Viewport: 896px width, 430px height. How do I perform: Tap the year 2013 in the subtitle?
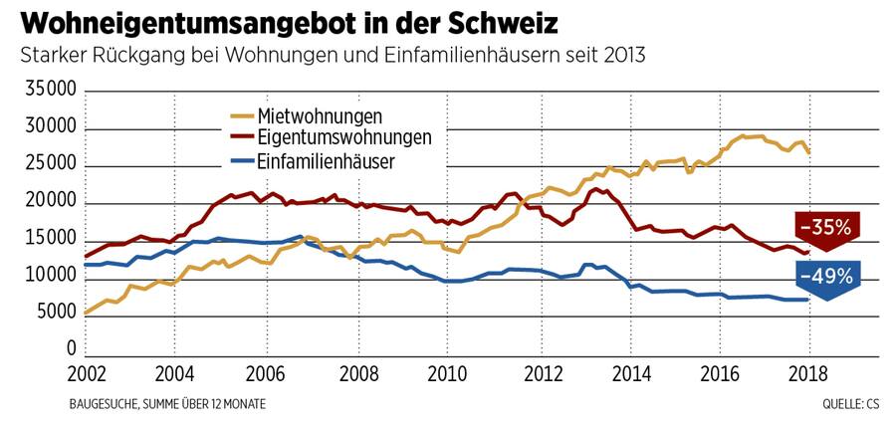tap(622, 55)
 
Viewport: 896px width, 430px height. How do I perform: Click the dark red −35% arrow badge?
tap(828, 230)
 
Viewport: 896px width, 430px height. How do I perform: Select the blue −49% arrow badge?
tap(828, 278)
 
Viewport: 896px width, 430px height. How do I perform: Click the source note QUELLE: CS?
tap(851, 404)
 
